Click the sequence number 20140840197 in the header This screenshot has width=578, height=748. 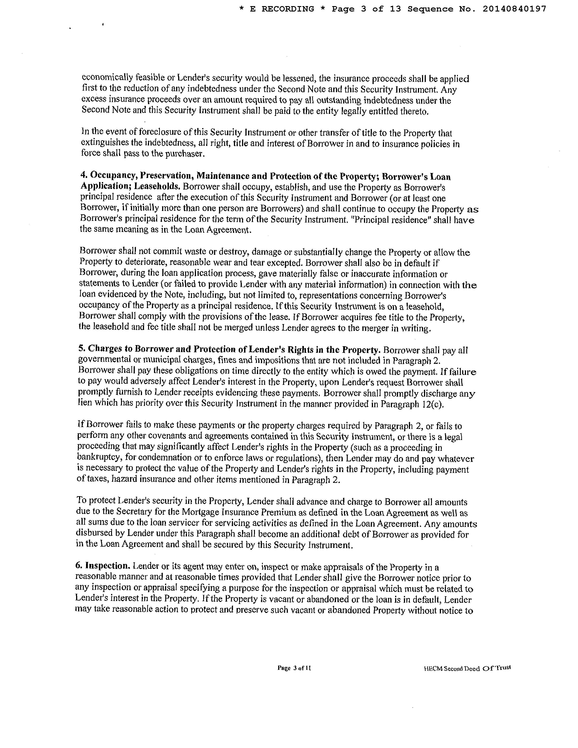click(x=514, y=9)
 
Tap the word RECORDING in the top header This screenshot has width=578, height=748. click(x=288, y=9)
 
